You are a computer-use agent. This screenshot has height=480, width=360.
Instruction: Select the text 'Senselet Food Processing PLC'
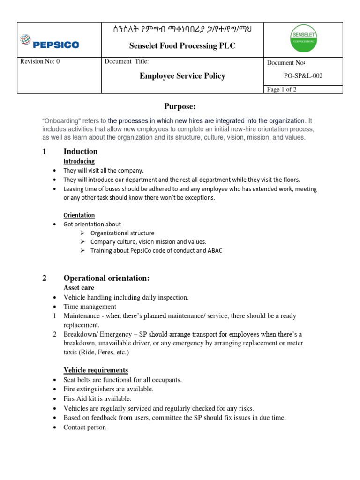coord(182,45)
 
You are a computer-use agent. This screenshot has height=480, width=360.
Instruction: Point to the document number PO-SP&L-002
coord(303,75)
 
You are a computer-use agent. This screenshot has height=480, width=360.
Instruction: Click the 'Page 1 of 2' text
coord(281,90)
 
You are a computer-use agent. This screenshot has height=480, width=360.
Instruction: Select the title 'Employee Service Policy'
coord(182,76)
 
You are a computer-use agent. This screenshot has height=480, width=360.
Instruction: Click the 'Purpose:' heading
coord(180,107)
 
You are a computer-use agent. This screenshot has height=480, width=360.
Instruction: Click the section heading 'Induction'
coord(80,151)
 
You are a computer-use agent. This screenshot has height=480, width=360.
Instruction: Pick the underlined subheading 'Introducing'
coord(79,161)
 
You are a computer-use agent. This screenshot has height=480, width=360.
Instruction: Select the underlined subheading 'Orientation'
coord(79,215)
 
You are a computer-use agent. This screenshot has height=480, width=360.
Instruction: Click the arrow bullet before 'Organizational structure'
coord(82,233)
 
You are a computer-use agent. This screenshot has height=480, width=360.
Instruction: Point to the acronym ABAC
coord(214,251)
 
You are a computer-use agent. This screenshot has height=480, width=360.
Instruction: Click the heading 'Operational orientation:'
coord(106,278)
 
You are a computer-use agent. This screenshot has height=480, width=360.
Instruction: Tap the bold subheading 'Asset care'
coord(79,288)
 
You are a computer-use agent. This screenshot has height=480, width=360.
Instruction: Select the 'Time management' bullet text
coord(90,307)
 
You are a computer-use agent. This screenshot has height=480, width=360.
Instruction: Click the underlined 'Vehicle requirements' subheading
coord(96,370)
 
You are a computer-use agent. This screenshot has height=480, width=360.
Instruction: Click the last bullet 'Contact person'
coord(84,427)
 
